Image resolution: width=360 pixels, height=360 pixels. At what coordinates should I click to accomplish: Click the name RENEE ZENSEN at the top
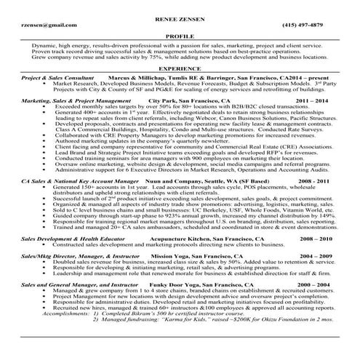tap(180, 15)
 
